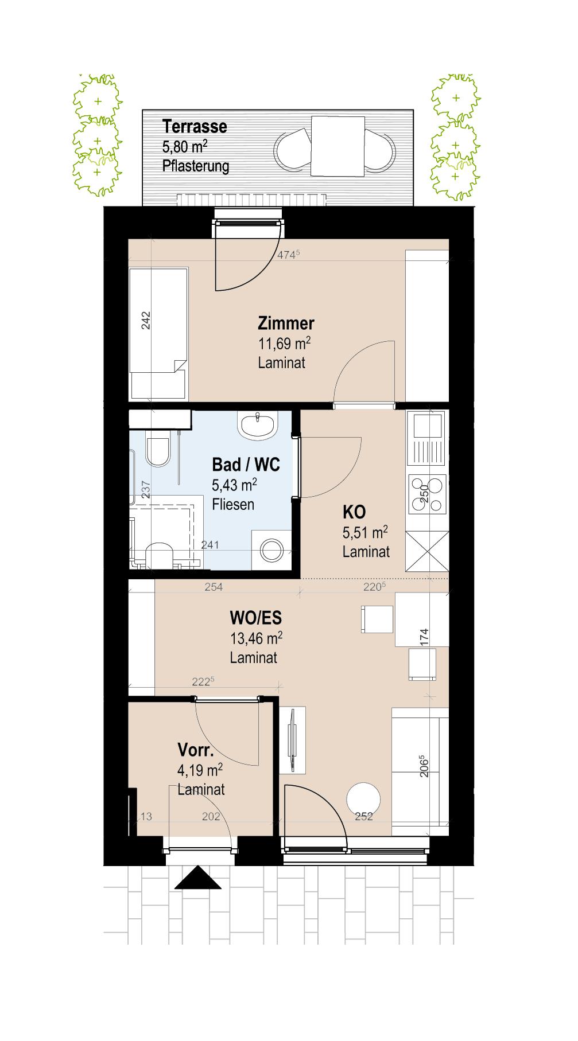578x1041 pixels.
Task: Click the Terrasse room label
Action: (195, 126)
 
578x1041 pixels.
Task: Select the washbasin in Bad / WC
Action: (258, 426)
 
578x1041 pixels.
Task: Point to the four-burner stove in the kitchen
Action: (426, 494)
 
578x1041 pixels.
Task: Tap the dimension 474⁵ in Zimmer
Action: (289, 255)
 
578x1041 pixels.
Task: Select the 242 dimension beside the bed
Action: (146, 320)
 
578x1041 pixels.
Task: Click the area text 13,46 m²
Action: (256, 638)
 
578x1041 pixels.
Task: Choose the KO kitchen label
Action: (354, 512)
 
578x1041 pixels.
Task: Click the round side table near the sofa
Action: (363, 798)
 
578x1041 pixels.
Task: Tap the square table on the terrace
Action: (338, 146)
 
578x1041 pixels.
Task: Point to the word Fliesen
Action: (233, 505)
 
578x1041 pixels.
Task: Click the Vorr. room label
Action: (195, 750)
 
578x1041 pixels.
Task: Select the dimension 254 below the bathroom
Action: (214, 587)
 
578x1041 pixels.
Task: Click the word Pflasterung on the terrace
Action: (196, 166)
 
